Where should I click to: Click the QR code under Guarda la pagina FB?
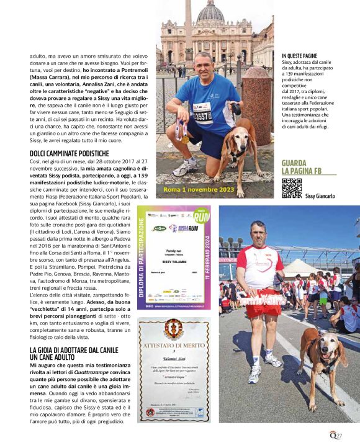coord(291,188)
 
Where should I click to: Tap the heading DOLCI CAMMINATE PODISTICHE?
coord(70,153)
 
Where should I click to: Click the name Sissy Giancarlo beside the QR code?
coord(320,196)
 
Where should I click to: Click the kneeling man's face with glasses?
coord(203,63)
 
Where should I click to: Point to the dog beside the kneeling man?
coord(240,149)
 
